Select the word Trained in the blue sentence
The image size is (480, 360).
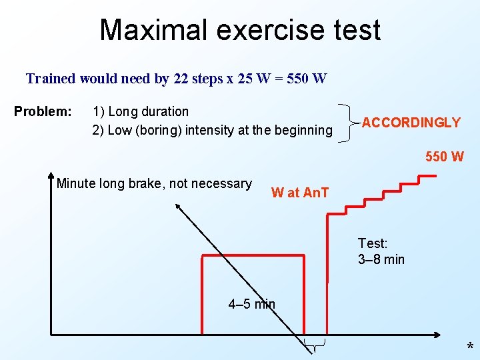[51, 79]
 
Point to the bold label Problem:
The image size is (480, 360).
[43, 111]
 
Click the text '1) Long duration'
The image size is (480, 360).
[140, 111]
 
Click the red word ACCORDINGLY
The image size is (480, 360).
[411, 123]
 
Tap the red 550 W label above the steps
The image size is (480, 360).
[445, 157]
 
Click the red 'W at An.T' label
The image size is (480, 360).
[300, 193]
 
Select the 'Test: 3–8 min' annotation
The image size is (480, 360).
[381, 251]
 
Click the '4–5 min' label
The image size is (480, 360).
[251, 305]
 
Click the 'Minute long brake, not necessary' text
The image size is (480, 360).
[154, 183]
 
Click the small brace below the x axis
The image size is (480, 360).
[315, 345]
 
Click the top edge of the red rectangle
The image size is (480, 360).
[253, 255]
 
